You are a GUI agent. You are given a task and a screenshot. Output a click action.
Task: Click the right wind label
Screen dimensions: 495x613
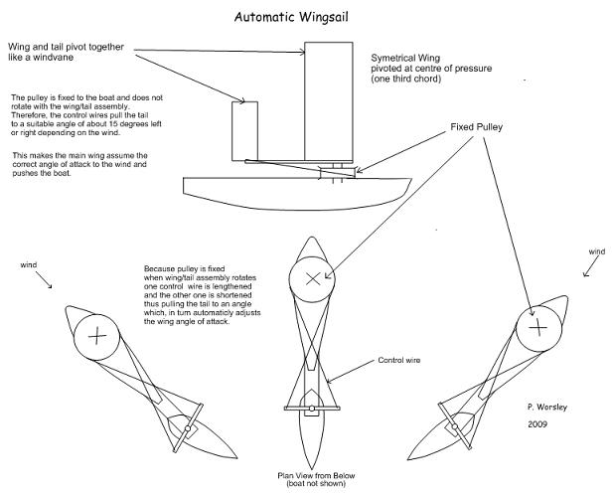pyautogui.click(x=596, y=252)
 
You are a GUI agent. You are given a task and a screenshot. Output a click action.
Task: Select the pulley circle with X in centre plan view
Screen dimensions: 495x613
pyautogui.click(x=313, y=279)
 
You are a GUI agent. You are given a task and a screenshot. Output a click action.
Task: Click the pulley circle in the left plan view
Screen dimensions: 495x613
pyautogui.click(x=97, y=335)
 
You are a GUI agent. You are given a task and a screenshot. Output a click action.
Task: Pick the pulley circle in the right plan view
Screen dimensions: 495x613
pyautogui.click(x=536, y=325)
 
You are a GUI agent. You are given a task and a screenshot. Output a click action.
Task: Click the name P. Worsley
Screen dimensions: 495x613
pyautogui.click(x=550, y=408)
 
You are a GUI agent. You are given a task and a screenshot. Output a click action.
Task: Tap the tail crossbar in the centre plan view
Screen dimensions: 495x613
pyautogui.click(x=313, y=409)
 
